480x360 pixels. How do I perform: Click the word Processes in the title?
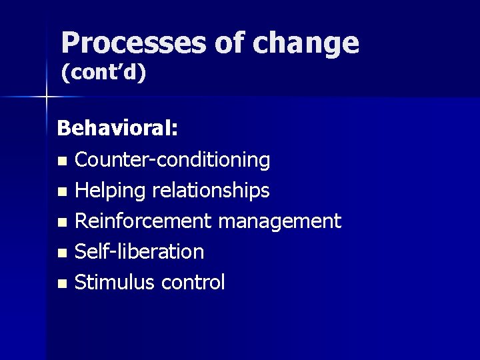click(133, 44)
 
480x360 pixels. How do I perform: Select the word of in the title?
click(229, 44)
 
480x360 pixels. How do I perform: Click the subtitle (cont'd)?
click(103, 74)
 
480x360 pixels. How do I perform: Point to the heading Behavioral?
click(117, 128)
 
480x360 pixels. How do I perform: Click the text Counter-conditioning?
click(172, 160)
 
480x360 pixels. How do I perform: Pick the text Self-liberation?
click(139, 252)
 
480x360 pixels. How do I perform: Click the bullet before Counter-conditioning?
click(62, 161)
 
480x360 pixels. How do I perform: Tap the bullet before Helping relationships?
click(62, 192)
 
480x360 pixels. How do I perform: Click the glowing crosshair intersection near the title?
click(45, 97)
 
